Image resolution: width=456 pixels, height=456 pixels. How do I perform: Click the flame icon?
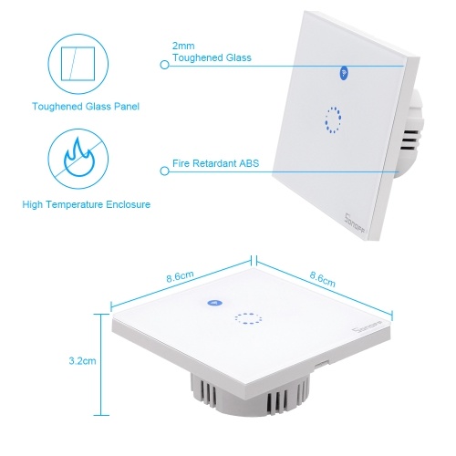tap(79, 158)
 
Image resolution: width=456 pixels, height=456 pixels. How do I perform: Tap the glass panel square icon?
tap(78, 64)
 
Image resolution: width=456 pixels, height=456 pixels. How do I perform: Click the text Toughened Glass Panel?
tap(86, 107)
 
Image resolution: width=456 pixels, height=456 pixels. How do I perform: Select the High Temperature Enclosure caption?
tap(87, 204)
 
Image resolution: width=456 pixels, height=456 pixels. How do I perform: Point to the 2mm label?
tap(183, 46)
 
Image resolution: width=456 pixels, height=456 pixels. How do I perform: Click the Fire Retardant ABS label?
tap(215, 163)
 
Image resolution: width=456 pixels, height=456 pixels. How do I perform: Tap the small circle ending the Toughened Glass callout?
tap(164, 65)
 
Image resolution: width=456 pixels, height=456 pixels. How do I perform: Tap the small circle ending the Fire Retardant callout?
tap(164, 171)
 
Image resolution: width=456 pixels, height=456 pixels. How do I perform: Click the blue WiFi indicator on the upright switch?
tap(344, 73)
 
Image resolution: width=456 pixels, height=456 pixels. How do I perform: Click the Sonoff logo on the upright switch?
tap(355, 223)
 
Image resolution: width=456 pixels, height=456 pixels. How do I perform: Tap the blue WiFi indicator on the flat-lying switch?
tap(214, 303)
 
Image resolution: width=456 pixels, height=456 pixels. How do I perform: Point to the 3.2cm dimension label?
tap(82, 361)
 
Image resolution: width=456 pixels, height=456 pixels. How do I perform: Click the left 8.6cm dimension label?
tap(180, 276)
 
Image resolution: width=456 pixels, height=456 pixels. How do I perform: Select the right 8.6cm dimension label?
tap(323, 279)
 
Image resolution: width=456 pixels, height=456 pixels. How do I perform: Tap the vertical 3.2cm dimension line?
tap(101, 365)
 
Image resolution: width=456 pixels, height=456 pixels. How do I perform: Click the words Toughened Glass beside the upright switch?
tap(212, 57)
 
